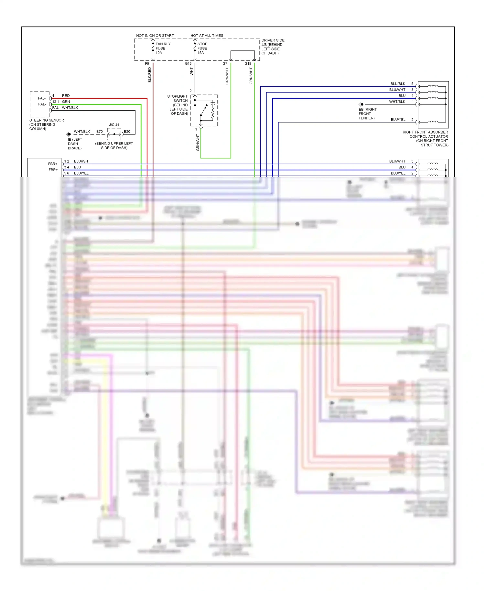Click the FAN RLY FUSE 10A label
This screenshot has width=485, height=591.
click(163, 48)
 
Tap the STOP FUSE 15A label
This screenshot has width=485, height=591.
click(202, 48)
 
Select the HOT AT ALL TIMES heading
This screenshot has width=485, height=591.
click(207, 36)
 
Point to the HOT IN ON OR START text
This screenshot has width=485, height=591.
click(155, 36)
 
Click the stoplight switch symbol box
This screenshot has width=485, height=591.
click(204, 110)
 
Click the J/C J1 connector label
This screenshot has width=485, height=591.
click(114, 125)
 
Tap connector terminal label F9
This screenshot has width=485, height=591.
click(147, 64)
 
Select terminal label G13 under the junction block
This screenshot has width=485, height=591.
click(188, 64)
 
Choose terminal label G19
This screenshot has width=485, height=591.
click(248, 64)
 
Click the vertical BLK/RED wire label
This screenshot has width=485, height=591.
click(149, 75)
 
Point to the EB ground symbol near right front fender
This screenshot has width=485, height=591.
click(361, 104)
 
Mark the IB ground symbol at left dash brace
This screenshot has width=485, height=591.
click(69, 134)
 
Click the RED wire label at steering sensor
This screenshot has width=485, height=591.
click(66, 96)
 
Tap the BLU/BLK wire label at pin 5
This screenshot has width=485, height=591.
click(398, 84)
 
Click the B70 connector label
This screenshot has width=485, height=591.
click(99, 132)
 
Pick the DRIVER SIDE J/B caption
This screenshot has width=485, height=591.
click(273, 47)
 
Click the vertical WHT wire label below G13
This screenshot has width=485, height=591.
click(191, 71)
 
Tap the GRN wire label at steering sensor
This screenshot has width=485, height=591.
click(66, 102)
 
